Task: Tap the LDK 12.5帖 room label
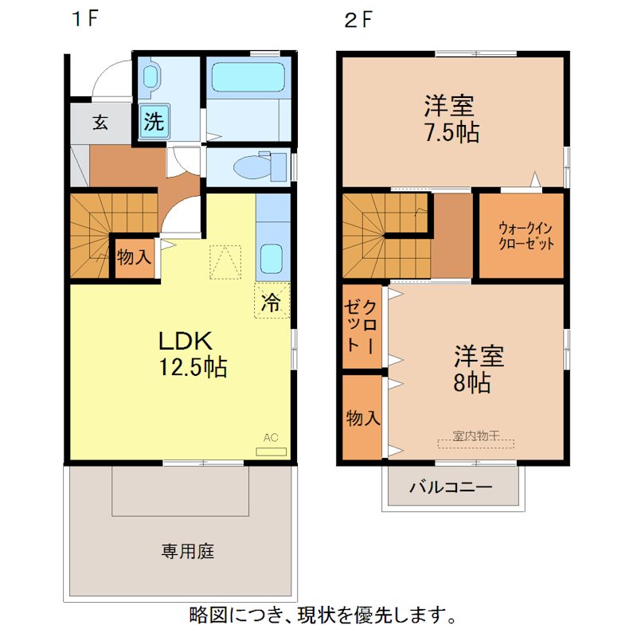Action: pos(193,354)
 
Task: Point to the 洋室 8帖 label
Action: pos(479,369)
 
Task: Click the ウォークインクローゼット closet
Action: pos(521,235)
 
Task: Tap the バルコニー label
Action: pos(451,487)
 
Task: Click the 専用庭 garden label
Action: pos(188,550)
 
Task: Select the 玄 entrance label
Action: pos(100,123)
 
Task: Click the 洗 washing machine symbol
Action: pos(153,122)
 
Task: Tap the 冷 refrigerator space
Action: pos(272,302)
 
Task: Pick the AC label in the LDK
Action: pos(271,438)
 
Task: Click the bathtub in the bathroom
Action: pos(247,77)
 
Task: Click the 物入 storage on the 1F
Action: pos(134,257)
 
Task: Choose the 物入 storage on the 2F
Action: pos(362,416)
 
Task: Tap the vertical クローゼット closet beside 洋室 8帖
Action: pos(362,326)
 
